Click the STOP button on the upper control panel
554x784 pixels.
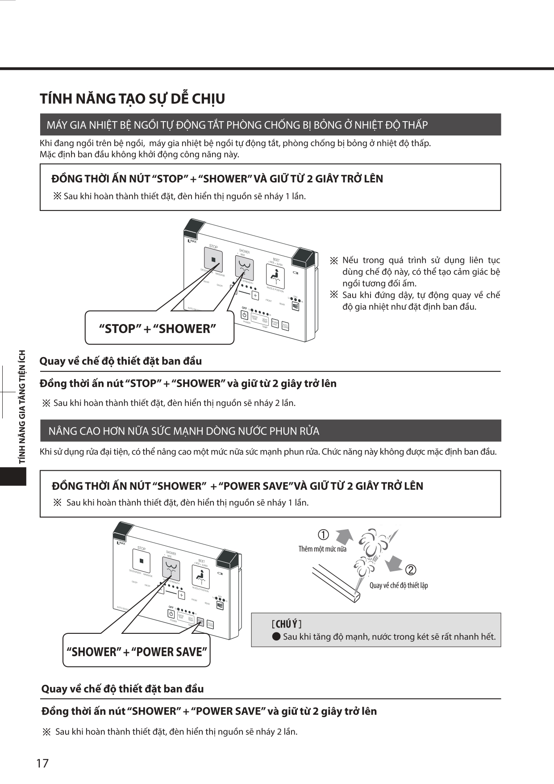tap(214, 260)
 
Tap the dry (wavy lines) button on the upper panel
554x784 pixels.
tap(295, 307)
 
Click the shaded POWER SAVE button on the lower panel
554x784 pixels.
tap(200, 622)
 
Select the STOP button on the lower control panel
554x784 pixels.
tap(142, 561)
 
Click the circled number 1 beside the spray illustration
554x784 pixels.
tap(323, 535)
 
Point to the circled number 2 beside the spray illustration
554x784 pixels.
tap(410, 570)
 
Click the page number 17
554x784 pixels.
tap(42, 763)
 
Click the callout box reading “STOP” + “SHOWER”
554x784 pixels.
tap(158, 329)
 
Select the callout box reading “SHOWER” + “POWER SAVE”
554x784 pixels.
tap(137, 652)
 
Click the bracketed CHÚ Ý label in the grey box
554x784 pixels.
tap(287, 624)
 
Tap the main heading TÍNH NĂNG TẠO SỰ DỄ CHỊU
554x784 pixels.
tap(132, 99)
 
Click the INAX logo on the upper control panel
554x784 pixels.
tap(192, 241)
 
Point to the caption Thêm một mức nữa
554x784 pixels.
tap(322, 549)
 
